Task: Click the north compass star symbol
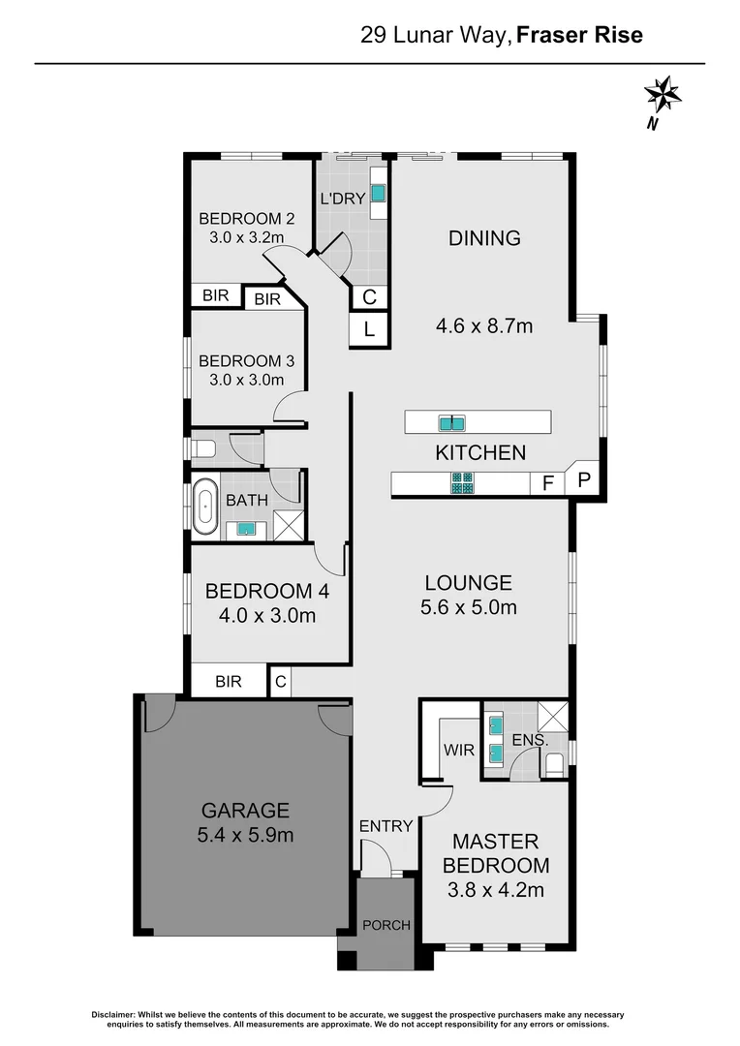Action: [x=664, y=95]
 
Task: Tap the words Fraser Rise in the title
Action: [x=579, y=36]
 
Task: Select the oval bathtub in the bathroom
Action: [x=205, y=507]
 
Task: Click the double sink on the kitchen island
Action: [x=451, y=422]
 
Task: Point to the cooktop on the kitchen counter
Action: [x=462, y=481]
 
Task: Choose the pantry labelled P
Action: [x=584, y=479]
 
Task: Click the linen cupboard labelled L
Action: [x=369, y=329]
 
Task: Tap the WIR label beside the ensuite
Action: [x=457, y=750]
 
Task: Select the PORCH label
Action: [x=386, y=925]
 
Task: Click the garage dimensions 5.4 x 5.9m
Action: [x=246, y=834]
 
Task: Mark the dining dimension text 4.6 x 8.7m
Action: [x=485, y=325]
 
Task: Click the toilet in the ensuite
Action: [x=554, y=765]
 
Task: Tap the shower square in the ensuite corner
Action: [x=553, y=715]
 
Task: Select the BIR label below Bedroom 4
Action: [x=229, y=682]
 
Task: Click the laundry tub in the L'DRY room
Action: [x=377, y=194]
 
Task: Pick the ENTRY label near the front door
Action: [x=386, y=826]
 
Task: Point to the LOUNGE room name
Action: [x=468, y=583]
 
